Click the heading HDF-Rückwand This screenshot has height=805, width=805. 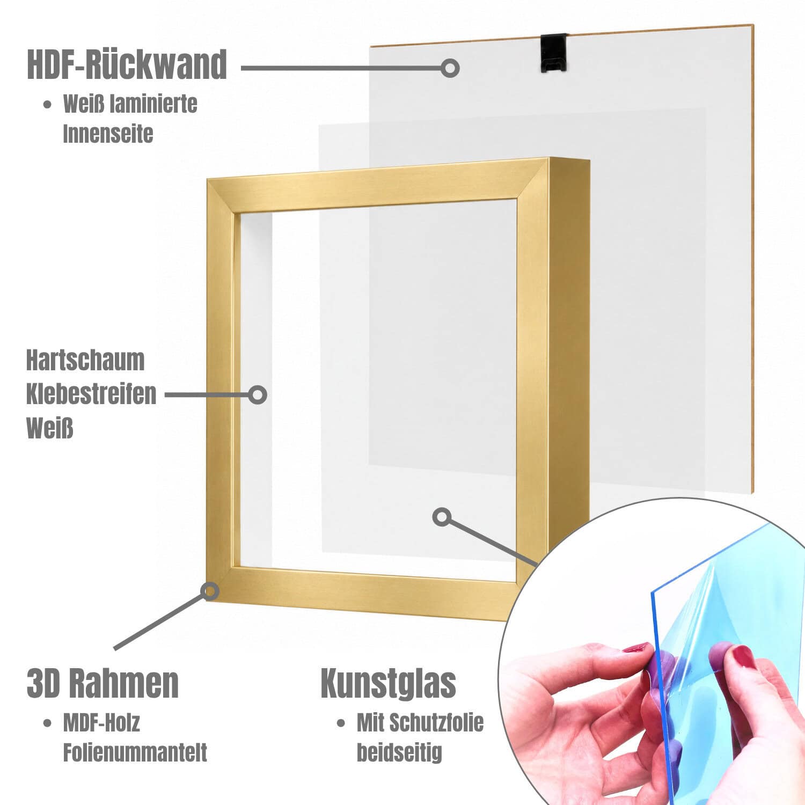coord(127,65)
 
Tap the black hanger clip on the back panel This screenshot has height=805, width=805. coord(554,53)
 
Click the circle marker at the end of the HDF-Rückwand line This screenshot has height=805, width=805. coord(450,68)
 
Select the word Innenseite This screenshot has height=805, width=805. coord(108,134)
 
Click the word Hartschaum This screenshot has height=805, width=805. coord(85,360)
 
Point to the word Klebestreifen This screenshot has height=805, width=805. coord(91,394)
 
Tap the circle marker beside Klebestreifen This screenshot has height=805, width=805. coord(258,395)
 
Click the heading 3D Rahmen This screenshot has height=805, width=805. coord(103,683)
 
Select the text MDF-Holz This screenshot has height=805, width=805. coord(101,723)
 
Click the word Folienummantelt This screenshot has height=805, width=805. coord(135,752)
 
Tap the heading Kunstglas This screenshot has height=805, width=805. coord(388,683)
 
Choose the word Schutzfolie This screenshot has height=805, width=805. coord(436,723)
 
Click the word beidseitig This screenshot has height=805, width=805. coord(399,752)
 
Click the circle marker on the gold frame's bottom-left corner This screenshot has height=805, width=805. coord(210,591)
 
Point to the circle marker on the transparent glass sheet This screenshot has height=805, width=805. coord(442,517)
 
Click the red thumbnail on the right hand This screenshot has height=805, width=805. coord(744,656)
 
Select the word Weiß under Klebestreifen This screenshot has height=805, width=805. coord(49,428)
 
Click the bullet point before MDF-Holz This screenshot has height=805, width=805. coord(48,723)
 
